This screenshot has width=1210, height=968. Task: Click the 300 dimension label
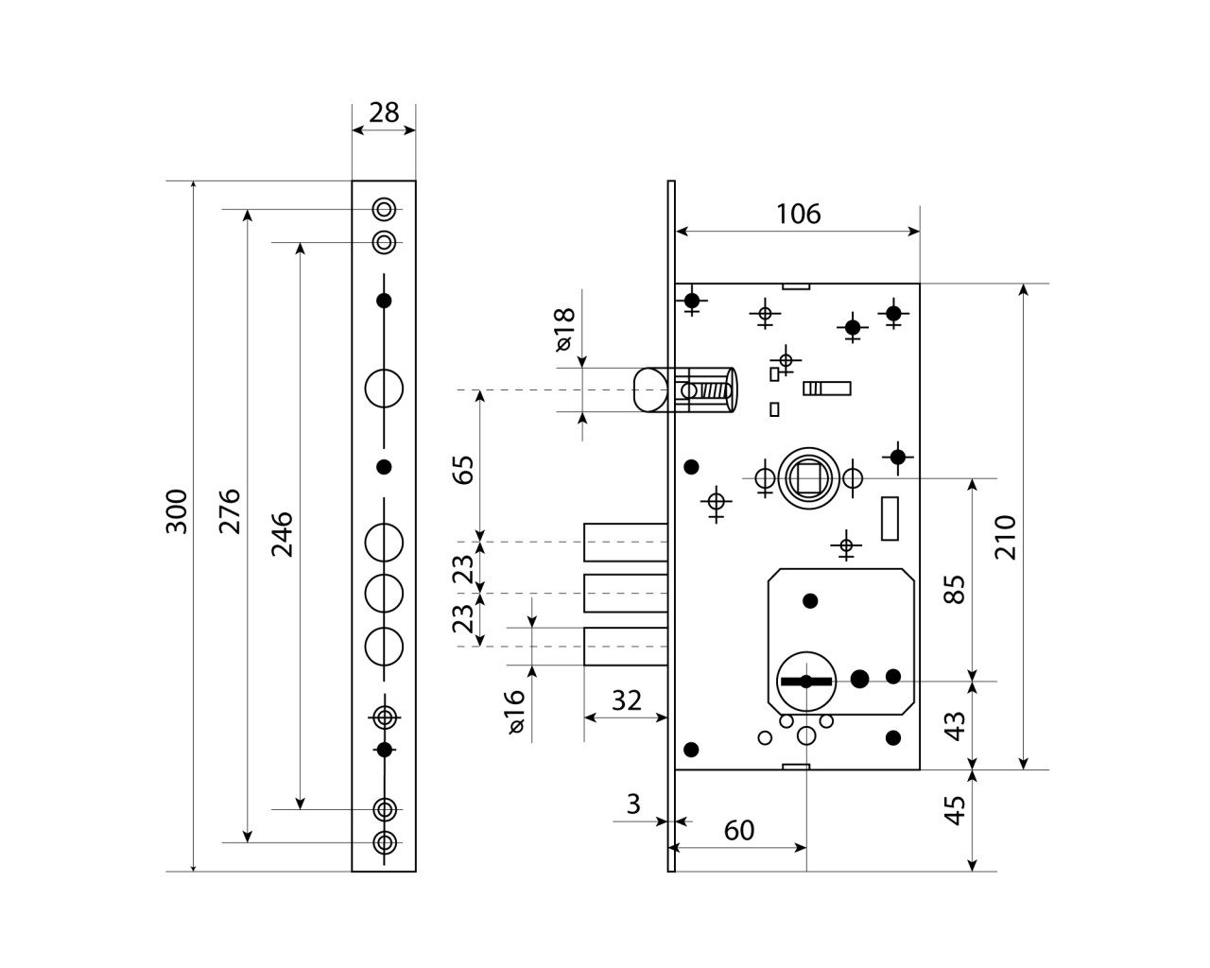177,511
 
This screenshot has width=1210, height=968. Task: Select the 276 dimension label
230,511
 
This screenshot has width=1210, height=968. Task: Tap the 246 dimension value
283,534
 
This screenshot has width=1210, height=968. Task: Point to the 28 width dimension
384,112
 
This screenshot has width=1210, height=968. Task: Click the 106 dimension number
798,215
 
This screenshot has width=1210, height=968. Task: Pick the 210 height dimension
1006,537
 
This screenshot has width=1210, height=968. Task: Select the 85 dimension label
956,589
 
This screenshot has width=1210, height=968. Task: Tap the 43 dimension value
956,726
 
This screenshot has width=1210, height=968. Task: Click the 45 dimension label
956,810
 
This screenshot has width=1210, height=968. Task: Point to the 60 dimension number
739,830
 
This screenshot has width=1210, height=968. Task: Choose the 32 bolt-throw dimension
626,700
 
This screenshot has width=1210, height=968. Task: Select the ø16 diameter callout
514,712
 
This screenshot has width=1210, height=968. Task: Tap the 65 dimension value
464,470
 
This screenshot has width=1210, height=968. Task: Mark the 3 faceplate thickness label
633,804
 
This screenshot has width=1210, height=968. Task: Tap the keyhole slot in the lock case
805,682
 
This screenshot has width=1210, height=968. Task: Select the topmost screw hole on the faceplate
384,209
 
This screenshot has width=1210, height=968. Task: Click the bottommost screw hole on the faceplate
384,842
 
